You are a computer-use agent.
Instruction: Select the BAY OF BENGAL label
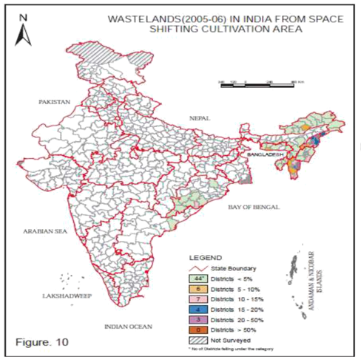(254, 208)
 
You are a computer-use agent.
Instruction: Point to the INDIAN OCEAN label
(128, 325)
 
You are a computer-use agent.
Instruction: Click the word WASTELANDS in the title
(143, 18)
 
